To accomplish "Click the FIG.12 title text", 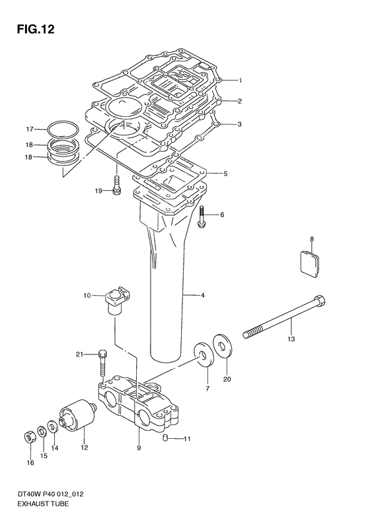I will point(31,30).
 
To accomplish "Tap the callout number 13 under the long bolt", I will point(291,339).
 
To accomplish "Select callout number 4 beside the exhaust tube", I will point(203,295).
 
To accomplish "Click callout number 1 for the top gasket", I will point(241,81).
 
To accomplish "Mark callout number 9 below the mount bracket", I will point(139,449).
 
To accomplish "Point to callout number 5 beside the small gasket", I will point(225,174).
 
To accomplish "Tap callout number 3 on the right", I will point(240,124).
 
